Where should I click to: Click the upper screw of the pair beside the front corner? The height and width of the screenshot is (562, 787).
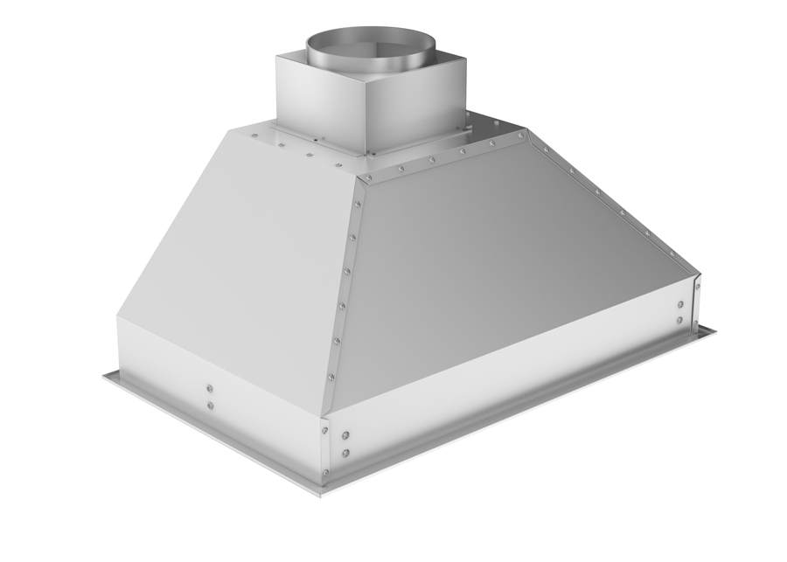point(346,435)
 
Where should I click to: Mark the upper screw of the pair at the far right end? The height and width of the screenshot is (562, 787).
point(679,305)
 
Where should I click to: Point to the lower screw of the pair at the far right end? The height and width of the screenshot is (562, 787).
point(679,320)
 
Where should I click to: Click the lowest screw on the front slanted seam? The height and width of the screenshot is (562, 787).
point(331,377)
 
